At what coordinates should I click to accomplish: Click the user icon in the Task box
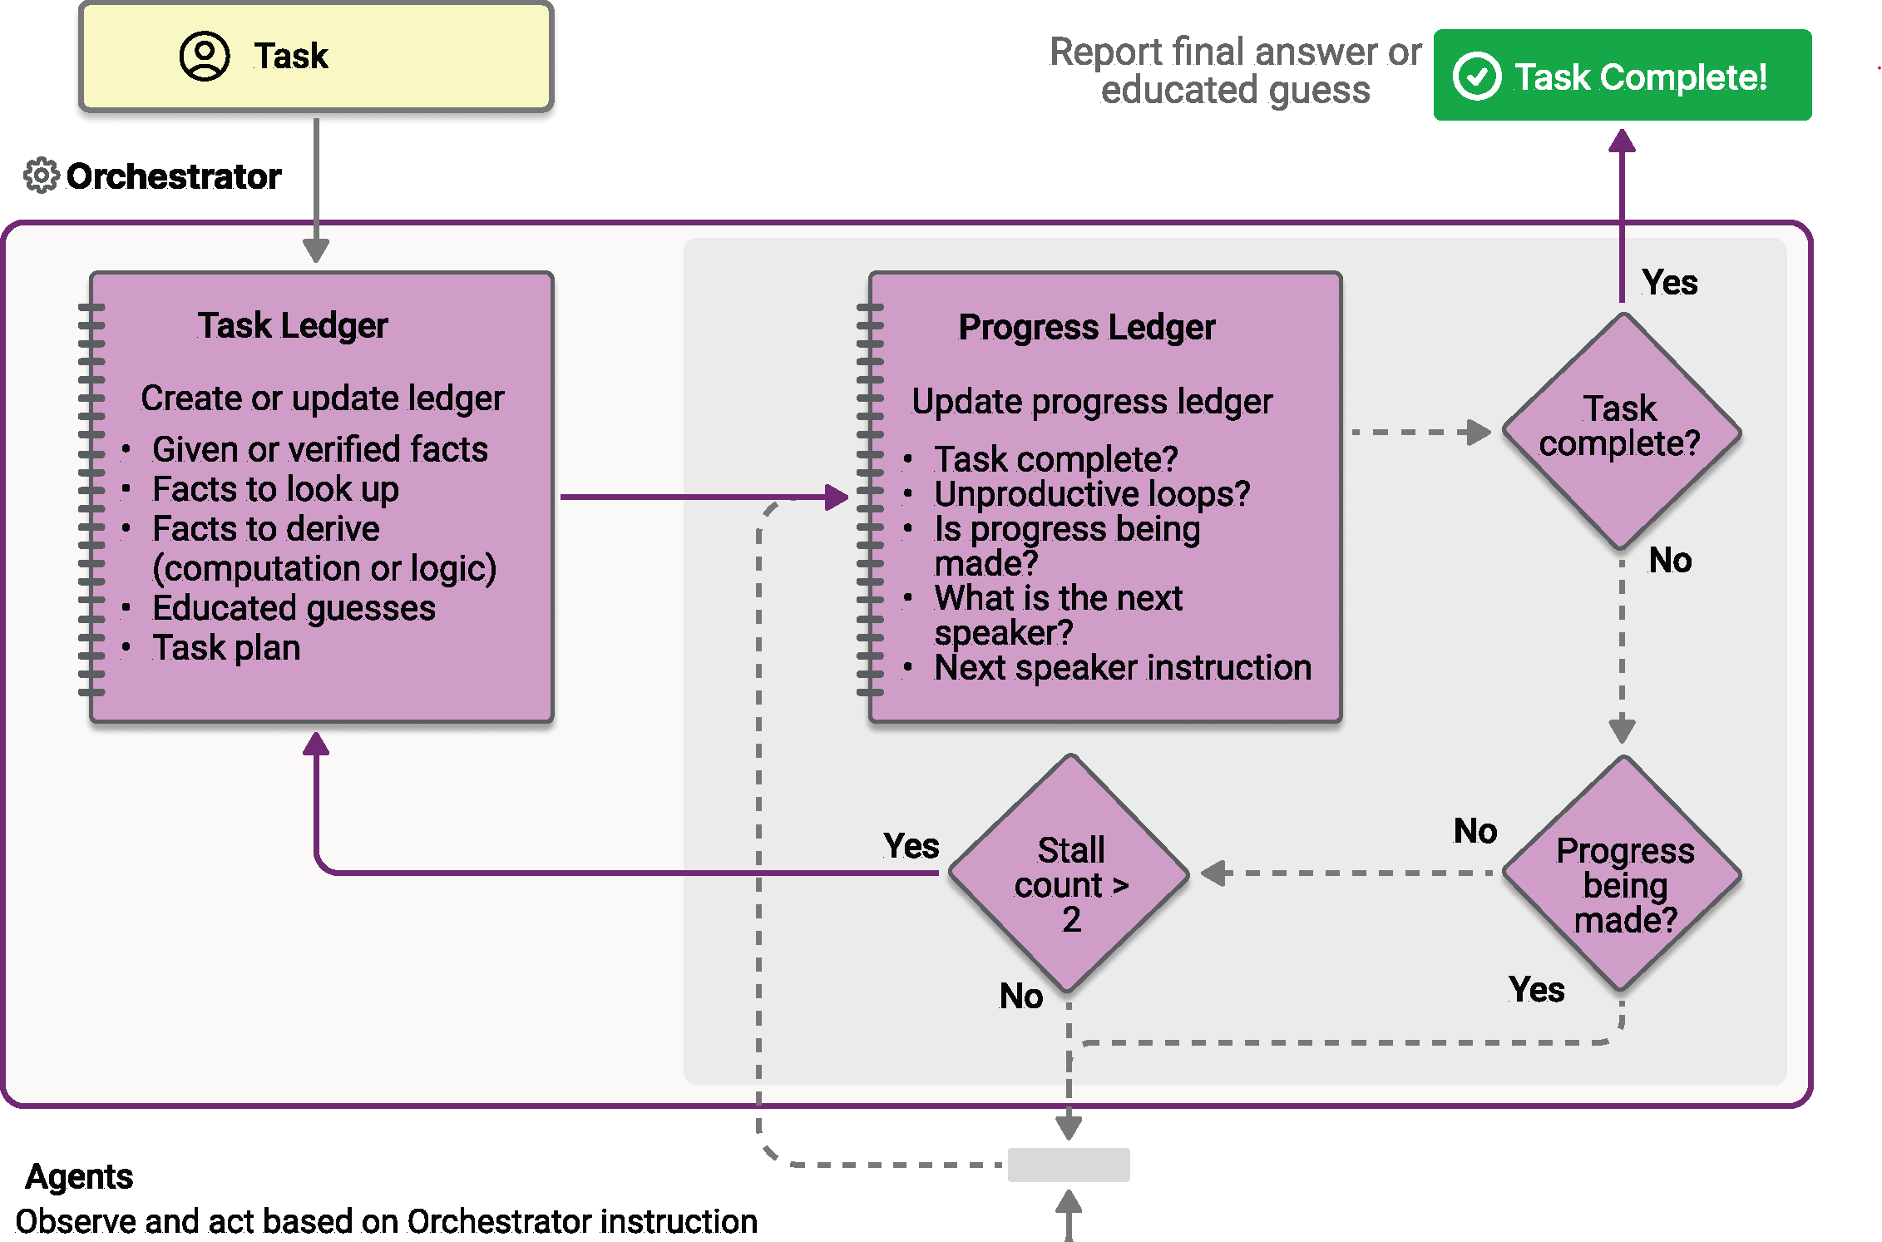pos(205,57)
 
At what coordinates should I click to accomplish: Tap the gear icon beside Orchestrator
pos(41,176)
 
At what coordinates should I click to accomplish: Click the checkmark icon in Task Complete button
pos(1477,77)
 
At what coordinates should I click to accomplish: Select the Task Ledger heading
pos(293,325)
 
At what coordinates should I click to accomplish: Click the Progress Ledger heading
pos(1086,327)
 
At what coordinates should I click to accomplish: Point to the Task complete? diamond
pos(1621,432)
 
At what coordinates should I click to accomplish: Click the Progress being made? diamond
pos(1623,874)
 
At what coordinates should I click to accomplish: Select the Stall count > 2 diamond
pos(1069,874)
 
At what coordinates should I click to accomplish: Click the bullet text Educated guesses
pos(294,608)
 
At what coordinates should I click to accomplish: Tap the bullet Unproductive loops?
pos(1092,494)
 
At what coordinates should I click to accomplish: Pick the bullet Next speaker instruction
pos(1122,668)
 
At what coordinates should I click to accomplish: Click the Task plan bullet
pos(226,648)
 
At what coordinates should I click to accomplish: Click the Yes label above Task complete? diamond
pos(1669,283)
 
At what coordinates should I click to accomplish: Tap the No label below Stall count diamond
pos(1020,996)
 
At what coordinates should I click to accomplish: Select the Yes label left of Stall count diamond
pos(911,846)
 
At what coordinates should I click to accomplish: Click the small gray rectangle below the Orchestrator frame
pos(1069,1165)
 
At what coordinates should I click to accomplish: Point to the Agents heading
pos(80,1176)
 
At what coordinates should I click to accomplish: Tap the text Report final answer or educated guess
pos(1235,71)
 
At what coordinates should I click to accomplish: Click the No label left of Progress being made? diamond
pos(1474,831)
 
